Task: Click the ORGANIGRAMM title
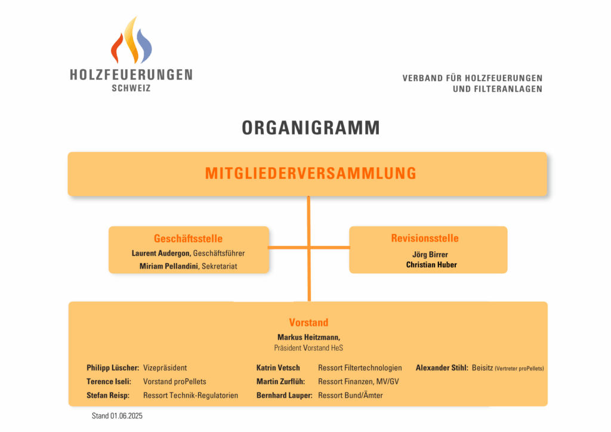(311, 128)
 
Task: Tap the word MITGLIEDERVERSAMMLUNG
(311, 174)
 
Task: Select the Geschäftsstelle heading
(188, 239)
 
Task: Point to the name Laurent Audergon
(161, 253)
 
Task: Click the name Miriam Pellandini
(169, 266)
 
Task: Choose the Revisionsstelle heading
(425, 238)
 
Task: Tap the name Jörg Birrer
(430, 255)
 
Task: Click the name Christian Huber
(431, 265)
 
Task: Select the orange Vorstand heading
(308, 323)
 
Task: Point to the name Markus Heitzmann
(308, 337)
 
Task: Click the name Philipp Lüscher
(113, 368)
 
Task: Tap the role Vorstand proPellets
(175, 381)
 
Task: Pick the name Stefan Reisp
(108, 396)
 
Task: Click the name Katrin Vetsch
(278, 368)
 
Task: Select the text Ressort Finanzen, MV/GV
(359, 382)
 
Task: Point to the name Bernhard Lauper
(285, 396)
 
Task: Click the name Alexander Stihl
(442, 368)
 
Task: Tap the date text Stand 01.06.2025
(117, 416)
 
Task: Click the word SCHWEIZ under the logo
(131, 88)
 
